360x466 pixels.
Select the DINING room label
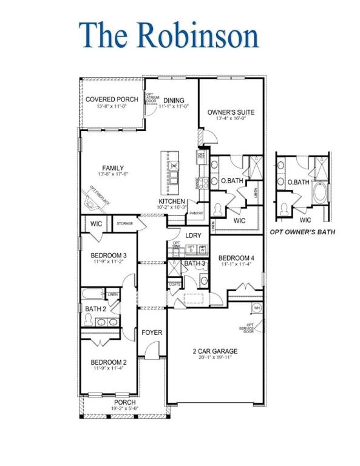(174, 100)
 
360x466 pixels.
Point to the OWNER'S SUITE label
(231, 112)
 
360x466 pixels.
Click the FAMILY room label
(113, 168)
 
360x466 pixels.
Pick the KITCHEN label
(172, 201)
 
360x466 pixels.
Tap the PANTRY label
(195, 214)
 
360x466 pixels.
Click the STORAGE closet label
(124, 224)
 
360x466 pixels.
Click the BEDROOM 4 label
(237, 258)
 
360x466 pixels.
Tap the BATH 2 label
(95, 309)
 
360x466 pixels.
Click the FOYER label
(152, 333)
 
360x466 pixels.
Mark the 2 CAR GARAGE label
(215, 351)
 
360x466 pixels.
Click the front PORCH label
(125, 402)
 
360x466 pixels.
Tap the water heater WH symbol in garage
(257, 308)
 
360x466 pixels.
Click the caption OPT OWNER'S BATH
(302, 232)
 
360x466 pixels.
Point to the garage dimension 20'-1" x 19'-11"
(215, 358)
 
